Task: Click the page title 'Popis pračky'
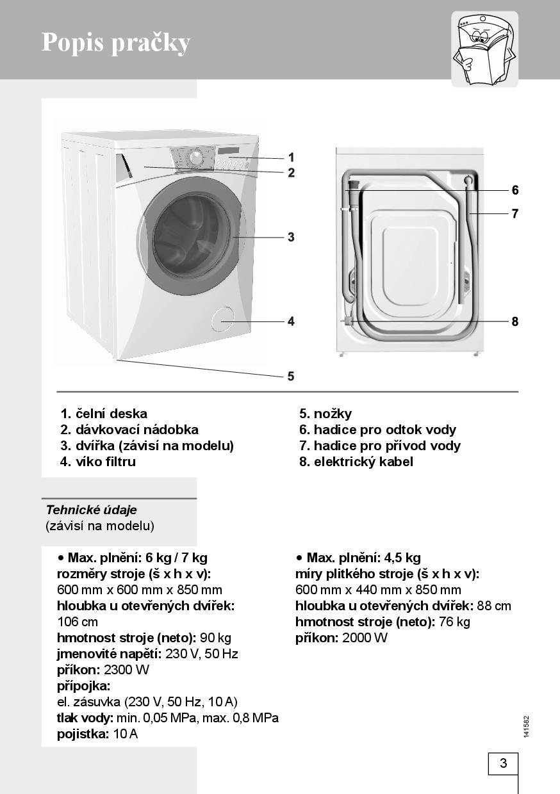tap(116, 42)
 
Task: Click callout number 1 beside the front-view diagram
tap(291, 157)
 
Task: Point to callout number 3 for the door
tap(291, 237)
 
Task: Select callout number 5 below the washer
tap(291, 377)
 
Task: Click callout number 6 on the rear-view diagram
tap(515, 190)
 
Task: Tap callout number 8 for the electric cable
tap(515, 321)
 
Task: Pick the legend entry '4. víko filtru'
tap(98, 462)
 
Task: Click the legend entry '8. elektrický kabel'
tap(356, 462)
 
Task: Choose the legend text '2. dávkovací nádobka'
tap(129, 430)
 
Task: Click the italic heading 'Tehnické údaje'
tap(91, 510)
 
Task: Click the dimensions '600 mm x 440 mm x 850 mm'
tap(378, 590)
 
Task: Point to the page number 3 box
tap(503, 763)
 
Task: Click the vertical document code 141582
tap(526, 726)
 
